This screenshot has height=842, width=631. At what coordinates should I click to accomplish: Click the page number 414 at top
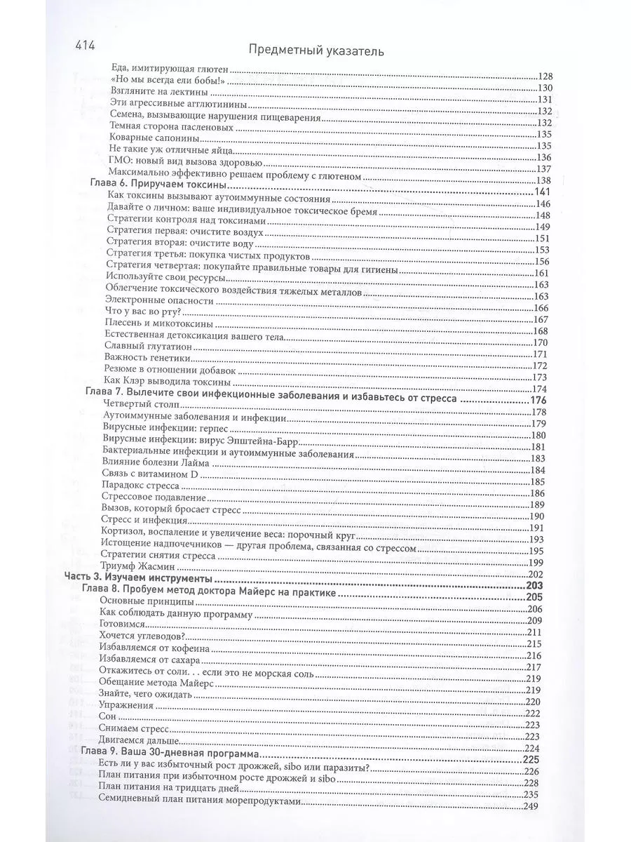click(x=86, y=48)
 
